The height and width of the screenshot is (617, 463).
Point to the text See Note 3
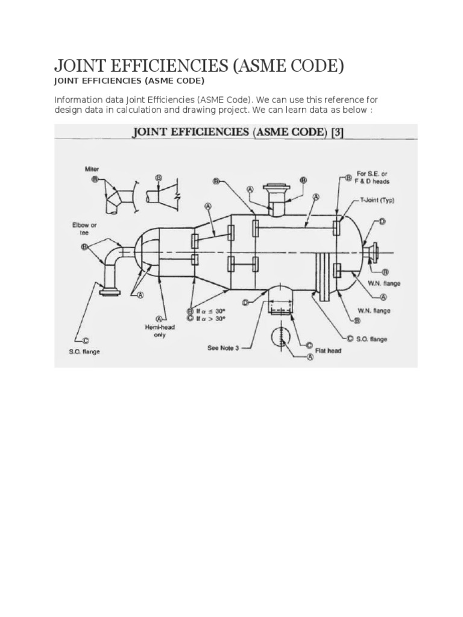222,348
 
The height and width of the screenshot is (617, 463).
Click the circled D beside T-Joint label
381,222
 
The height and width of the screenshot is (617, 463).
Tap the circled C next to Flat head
308,345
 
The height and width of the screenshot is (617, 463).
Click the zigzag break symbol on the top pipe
177,196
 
